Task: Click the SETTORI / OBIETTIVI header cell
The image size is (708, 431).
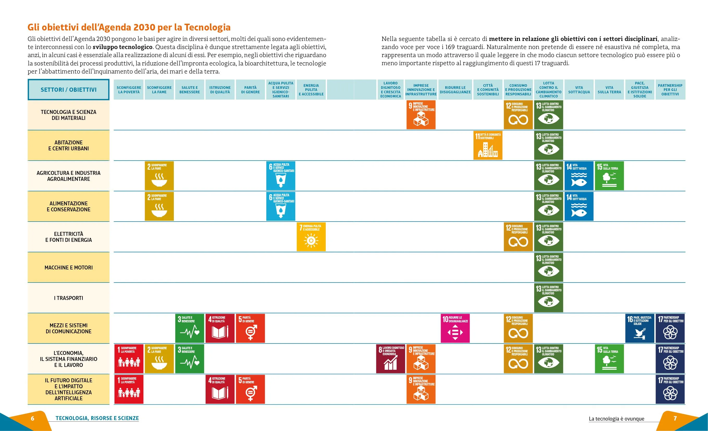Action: [68, 90]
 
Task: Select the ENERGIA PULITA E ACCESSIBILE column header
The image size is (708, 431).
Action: [311, 90]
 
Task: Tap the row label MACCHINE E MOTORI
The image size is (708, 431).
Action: [68, 268]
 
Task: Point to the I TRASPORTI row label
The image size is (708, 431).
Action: [68, 298]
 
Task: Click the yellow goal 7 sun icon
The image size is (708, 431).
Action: [311, 237]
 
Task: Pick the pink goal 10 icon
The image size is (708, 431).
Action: [455, 328]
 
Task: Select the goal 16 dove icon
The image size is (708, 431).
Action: [640, 328]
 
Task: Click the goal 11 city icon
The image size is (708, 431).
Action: [488, 145]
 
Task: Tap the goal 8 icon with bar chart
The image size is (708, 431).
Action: [391, 359]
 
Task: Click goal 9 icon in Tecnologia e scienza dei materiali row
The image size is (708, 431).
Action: [421, 115]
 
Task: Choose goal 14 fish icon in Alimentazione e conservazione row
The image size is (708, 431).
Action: [579, 206]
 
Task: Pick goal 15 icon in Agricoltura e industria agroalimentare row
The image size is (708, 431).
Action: [609, 176]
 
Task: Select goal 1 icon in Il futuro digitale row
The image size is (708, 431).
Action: [129, 389]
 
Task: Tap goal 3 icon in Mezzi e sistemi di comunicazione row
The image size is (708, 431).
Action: [190, 328]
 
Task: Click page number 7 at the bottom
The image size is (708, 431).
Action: [675, 418]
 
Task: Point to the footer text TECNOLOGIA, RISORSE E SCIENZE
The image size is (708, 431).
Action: [97, 418]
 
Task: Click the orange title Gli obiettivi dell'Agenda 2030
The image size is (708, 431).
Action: [129, 27]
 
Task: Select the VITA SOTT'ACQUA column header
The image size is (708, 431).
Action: [579, 90]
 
